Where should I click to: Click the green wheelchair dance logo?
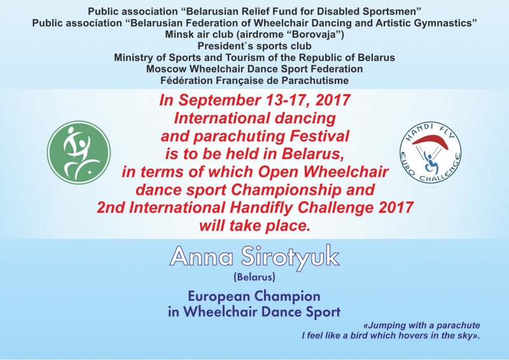(x=79, y=153)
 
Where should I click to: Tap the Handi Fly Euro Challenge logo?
(x=431, y=152)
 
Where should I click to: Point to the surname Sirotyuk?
(x=290, y=258)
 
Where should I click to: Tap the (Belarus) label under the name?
(x=254, y=277)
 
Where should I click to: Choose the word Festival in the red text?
(x=319, y=136)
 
